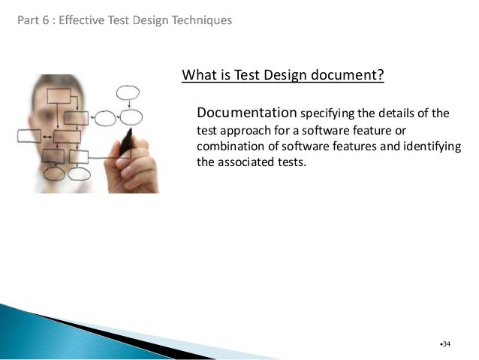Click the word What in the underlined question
tap(197, 75)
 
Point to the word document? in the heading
tap(348, 75)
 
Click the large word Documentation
tap(246, 113)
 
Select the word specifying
tap(328, 114)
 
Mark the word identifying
tap(429, 146)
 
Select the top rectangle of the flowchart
tap(60, 96)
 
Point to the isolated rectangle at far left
tap(29, 136)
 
